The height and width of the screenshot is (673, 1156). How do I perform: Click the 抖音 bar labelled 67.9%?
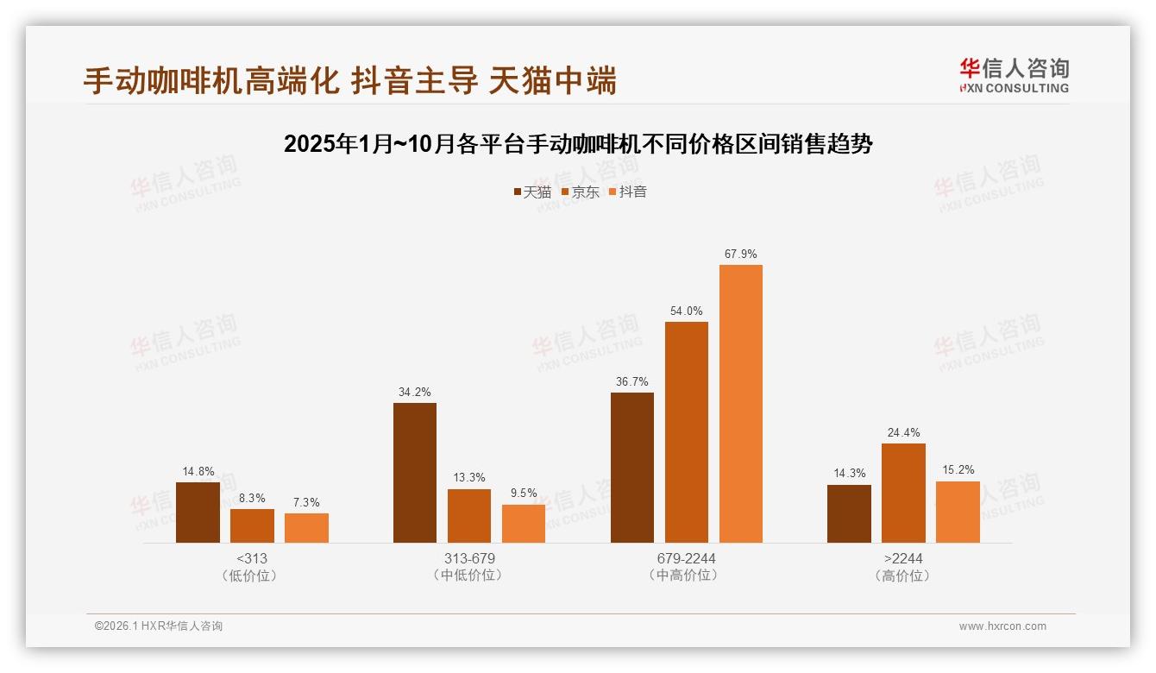(741, 404)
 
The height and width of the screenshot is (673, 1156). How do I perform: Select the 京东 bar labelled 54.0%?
(687, 432)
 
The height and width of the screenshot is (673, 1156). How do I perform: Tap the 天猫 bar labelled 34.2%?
(415, 473)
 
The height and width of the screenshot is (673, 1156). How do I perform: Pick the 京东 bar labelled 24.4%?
(903, 494)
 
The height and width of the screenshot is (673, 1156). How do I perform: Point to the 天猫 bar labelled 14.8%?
(198, 513)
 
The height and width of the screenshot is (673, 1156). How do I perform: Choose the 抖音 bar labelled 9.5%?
(524, 524)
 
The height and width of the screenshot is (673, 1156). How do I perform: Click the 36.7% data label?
(632, 381)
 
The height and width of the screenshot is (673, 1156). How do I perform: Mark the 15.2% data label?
(958, 470)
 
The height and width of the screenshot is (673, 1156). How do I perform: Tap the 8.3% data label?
(252, 498)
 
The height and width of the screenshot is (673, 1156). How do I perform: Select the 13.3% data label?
(469, 478)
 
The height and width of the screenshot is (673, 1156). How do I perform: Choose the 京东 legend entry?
(581, 192)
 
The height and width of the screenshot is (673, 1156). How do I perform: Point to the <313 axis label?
(251, 558)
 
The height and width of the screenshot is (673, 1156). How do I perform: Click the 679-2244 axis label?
(686, 558)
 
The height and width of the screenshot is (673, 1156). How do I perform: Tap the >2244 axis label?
(902, 558)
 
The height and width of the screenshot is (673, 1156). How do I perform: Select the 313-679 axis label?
(468, 558)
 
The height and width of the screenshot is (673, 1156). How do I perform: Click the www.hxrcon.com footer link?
(1002, 626)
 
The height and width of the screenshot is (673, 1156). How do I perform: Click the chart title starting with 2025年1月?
(578, 144)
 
